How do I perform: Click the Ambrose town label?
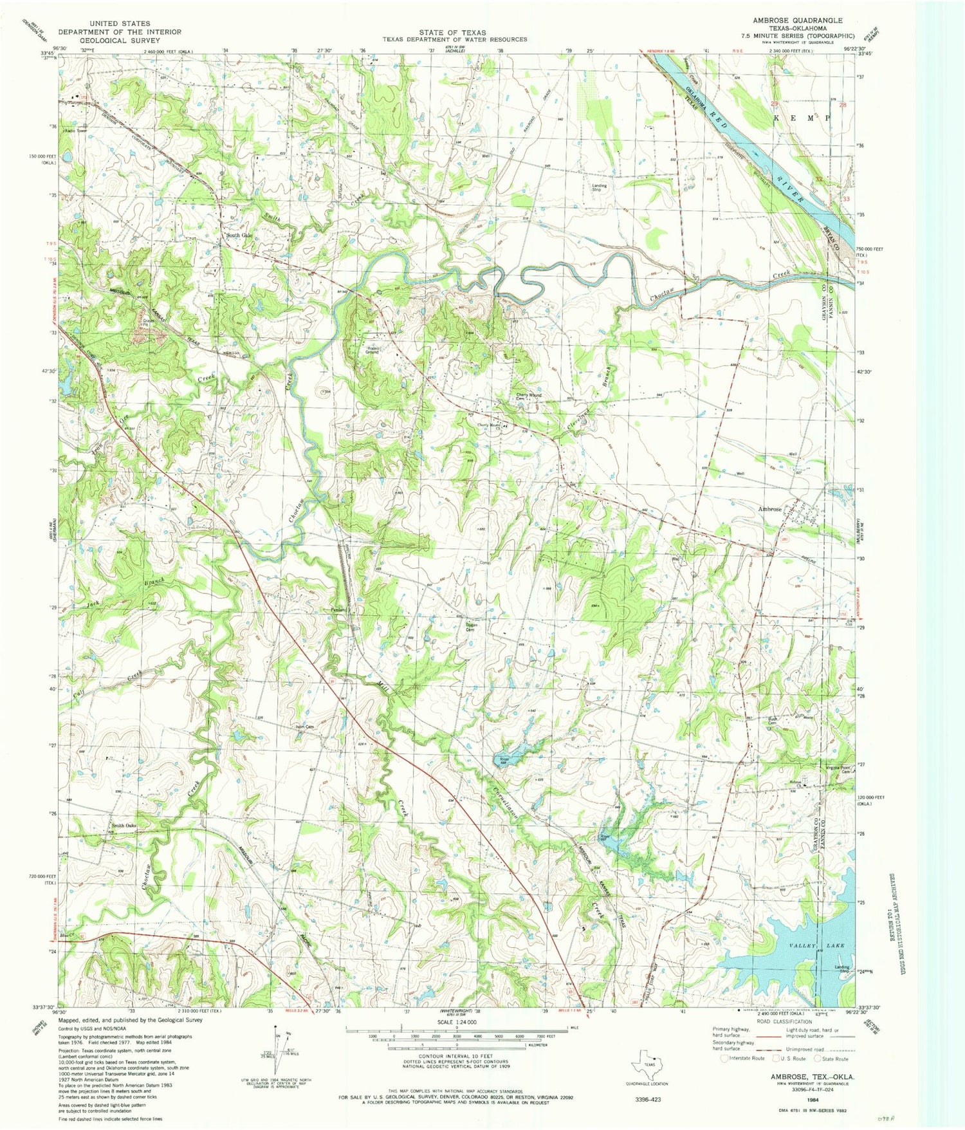[769, 509]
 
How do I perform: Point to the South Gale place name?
[239, 235]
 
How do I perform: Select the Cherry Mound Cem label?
[529, 397]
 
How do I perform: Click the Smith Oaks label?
[124, 826]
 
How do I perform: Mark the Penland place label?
[339, 609]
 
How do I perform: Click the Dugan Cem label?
[471, 627]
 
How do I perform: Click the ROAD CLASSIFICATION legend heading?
[784, 1022]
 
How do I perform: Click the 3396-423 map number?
[645, 1100]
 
